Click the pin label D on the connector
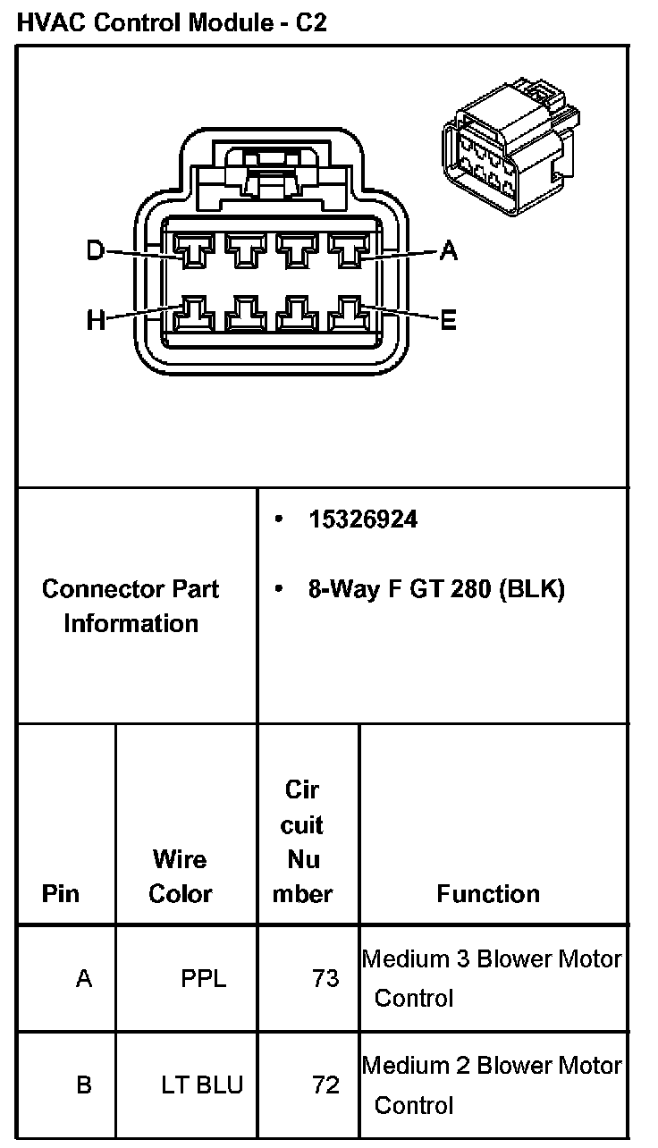[x=95, y=251]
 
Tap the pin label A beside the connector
[x=448, y=252]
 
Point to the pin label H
[x=96, y=319]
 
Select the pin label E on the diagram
[x=448, y=319]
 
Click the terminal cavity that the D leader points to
[x=193, y=249]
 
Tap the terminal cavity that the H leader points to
[x=193, y=315]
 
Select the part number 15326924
[x=363, y=519]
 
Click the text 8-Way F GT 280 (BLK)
[x=436, y=589]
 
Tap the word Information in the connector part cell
[x=131, y=623]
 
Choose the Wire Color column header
[x=181, y=876]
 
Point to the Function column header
[x=488, y=893]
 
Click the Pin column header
[x=61, y=893]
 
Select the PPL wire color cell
[x=204, y=979]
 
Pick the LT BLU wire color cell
[x=202, y=1085]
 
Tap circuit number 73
[x=325, y=979]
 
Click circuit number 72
[x=325, y=1085]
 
